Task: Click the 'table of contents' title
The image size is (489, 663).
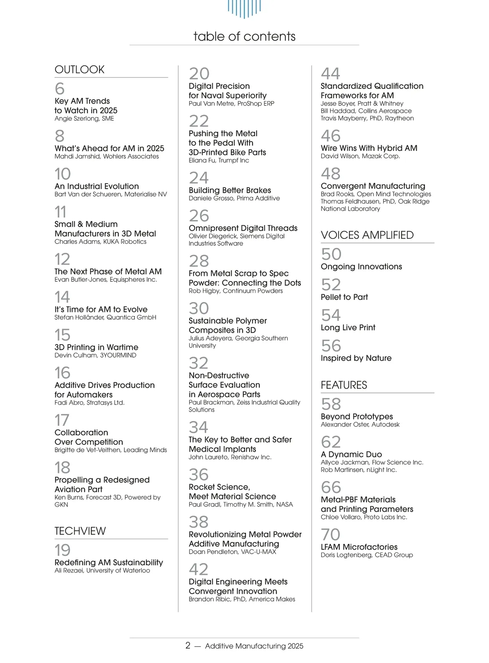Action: tap(244, 36)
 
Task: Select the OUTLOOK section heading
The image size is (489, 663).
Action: tap(79, 69)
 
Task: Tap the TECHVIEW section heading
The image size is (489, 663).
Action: tap(80, 531)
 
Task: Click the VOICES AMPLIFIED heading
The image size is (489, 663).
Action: tap(367, 235)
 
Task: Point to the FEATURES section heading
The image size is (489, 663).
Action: tap(344, 385)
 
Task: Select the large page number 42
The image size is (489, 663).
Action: tap(198, 569)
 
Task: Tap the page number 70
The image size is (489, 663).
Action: tap(330, 535)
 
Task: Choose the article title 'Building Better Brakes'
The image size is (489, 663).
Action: tap(229, 190)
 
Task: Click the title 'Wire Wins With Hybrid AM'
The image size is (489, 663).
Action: tap(369, 148)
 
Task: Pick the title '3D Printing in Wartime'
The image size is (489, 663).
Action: tap(96, 347)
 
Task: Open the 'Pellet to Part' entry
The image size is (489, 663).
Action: tap(344, 297)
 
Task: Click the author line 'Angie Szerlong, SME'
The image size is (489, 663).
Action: tap(84, 119)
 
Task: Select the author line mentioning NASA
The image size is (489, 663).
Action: tap(240, 504)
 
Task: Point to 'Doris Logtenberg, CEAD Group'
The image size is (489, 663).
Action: tap(366, 555)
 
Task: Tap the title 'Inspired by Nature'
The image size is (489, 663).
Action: tap(356, 358)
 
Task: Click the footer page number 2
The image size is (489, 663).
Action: tap(187, 645)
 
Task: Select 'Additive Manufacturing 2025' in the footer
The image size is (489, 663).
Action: tap(254, 646)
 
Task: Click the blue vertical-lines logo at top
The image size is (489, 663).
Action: tap(244, 8)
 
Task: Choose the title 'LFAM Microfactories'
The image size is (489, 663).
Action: tap(359, 547)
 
